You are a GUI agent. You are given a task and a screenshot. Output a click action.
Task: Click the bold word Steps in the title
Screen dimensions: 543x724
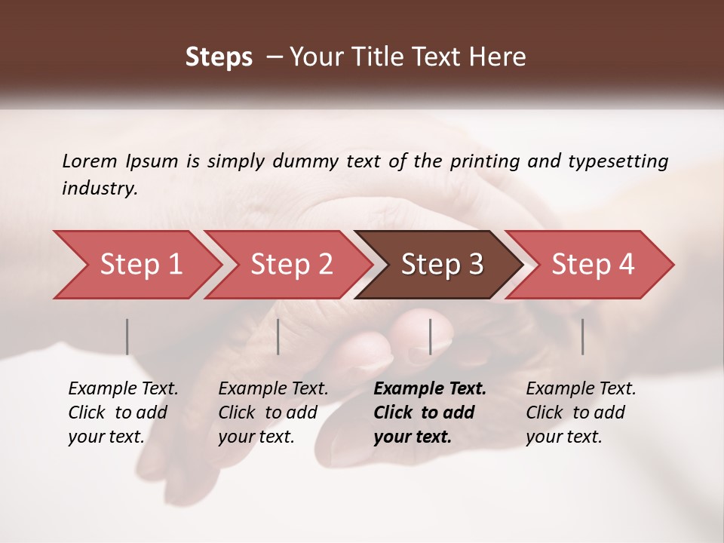click(219, 57)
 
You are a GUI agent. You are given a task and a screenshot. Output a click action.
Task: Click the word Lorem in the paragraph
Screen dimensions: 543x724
click(90, 161)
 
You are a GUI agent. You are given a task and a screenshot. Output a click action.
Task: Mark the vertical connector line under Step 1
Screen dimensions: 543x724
click(127, 336)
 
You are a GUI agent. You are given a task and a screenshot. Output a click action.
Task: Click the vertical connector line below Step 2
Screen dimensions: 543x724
click(278, 336)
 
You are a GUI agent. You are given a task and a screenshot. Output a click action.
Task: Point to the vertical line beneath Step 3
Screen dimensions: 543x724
click(430, 336)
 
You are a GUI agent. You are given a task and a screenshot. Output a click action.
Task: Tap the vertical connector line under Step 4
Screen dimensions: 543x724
click(582, 336)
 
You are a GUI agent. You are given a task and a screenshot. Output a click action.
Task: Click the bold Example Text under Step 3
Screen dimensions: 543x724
click(430, 389)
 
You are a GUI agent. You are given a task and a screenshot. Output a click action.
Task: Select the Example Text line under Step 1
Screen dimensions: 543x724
click(123, 389)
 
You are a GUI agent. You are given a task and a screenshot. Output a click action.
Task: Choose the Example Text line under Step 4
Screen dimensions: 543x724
click(581, 389)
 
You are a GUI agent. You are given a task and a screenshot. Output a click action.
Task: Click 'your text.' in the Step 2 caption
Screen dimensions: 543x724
click(256, 437)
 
